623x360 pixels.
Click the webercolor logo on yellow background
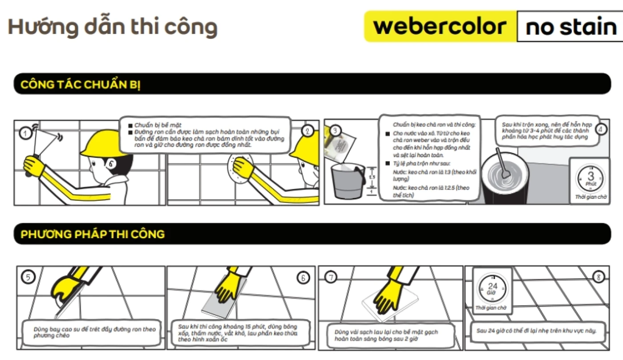(x=440, y=27)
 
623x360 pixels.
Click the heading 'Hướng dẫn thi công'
(x=113, y=27)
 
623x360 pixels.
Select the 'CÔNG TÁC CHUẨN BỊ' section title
(x=80, y=85)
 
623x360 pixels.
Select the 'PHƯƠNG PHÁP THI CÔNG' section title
(x=93, y=234)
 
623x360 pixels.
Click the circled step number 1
(x=26, y=132)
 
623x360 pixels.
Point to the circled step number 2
(x=307, y=130)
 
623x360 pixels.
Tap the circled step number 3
(x=336, y=130)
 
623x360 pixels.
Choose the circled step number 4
(x=601, y=129)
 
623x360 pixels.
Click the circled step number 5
(x=28, y=278)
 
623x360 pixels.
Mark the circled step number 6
(x=303, y=278)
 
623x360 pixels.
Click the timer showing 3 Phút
(x=591, y=178)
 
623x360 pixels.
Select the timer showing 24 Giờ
(x=492, y=288)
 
